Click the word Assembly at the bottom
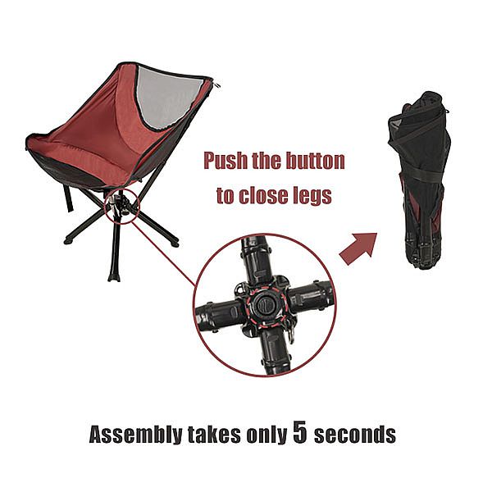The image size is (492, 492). (136, 435)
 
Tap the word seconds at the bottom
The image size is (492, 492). (355, 435)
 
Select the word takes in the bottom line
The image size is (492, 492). (214, 435)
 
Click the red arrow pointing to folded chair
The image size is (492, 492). (358, 248)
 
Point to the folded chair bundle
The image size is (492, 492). (420, 180)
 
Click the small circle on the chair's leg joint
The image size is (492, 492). (121, 206)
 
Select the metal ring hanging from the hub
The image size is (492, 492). (291, 335)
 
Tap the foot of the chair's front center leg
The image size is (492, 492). (114, 278)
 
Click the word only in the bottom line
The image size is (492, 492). (266, 435)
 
